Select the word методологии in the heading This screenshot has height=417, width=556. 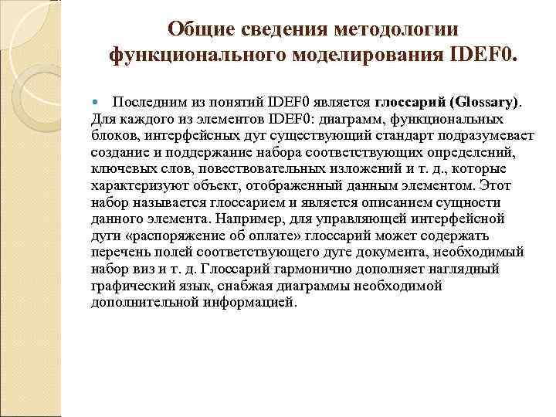click(x=398, y=29)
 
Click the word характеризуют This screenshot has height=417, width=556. click(x=135, y=185)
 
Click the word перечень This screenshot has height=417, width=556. click(x=118, y=252)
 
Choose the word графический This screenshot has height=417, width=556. click(x=128, y=286)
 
